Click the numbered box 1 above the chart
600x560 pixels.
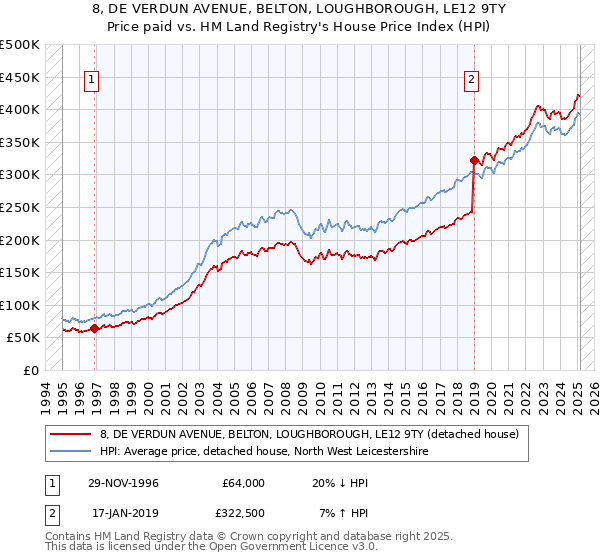point(92,82)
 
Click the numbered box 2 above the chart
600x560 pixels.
point(471,82)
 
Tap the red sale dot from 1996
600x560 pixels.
point(94,328)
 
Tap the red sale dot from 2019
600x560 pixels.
point(474,159)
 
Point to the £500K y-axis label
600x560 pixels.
point(19,45)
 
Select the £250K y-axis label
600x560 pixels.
point(19,207)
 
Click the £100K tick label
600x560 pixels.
point(19,305)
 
